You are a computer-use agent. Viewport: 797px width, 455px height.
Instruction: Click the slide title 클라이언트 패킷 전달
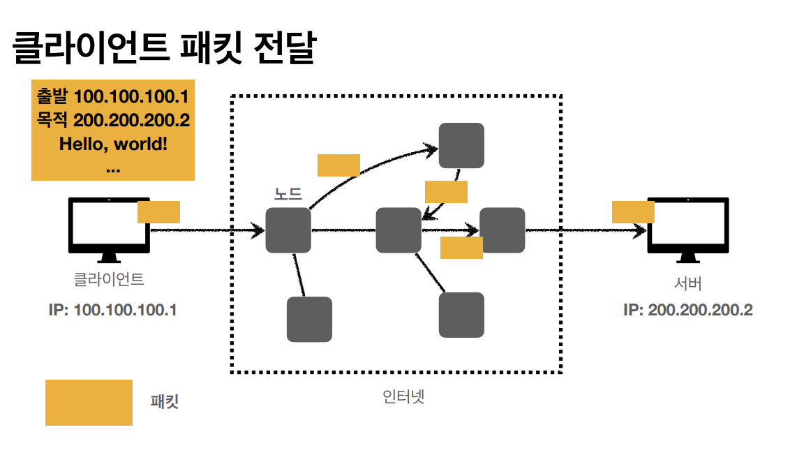click(163, 49)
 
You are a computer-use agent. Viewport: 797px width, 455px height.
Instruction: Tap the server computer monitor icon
click(688, 226)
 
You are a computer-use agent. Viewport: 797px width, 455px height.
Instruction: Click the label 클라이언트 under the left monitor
click(109, 280)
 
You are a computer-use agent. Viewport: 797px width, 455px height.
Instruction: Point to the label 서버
click(687, 284)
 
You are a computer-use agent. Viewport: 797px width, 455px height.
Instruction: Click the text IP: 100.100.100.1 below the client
click(112, 310)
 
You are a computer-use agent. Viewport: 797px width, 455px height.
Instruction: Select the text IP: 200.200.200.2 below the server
click(687, 310)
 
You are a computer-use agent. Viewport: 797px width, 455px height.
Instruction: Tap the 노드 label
click(288, 194)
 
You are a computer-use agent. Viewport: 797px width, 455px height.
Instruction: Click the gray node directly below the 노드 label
click(288, 230)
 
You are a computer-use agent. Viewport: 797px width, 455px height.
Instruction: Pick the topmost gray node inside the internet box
click(461, 145)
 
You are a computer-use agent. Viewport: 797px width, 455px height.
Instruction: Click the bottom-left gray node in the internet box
click(309, 320)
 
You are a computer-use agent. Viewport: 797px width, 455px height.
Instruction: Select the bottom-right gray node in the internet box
click(461, 315)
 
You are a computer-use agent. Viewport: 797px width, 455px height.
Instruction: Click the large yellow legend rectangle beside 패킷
click(89, 403)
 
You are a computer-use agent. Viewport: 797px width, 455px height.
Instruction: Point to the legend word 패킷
click(165, 402)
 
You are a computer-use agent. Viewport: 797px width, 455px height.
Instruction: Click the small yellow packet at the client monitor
click(158, 212)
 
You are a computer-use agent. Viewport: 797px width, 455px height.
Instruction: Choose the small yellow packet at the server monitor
click(633, 211)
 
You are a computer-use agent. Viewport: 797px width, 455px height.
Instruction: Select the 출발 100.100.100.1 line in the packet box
click(113, 96)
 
